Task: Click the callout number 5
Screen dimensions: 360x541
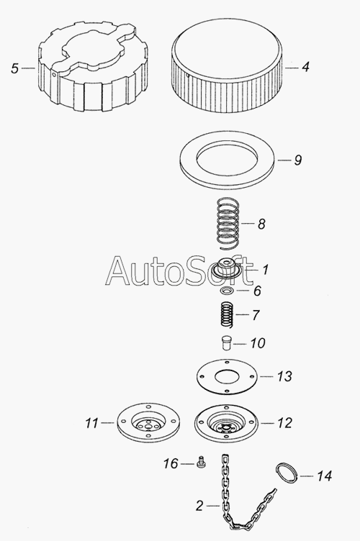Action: tap(14, 68)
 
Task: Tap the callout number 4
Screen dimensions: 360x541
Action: tap(305, 67)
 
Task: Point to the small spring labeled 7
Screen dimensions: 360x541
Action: tap(228, 314)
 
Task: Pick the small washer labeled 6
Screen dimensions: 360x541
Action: tap(227, 291)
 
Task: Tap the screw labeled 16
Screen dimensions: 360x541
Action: tap(201, 463)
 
